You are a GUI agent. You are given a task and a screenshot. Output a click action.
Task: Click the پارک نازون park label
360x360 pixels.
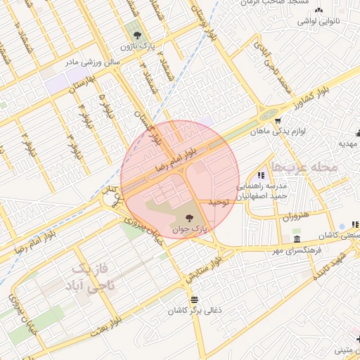136,46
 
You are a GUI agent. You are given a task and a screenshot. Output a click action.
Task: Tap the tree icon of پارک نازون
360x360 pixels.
137,34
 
